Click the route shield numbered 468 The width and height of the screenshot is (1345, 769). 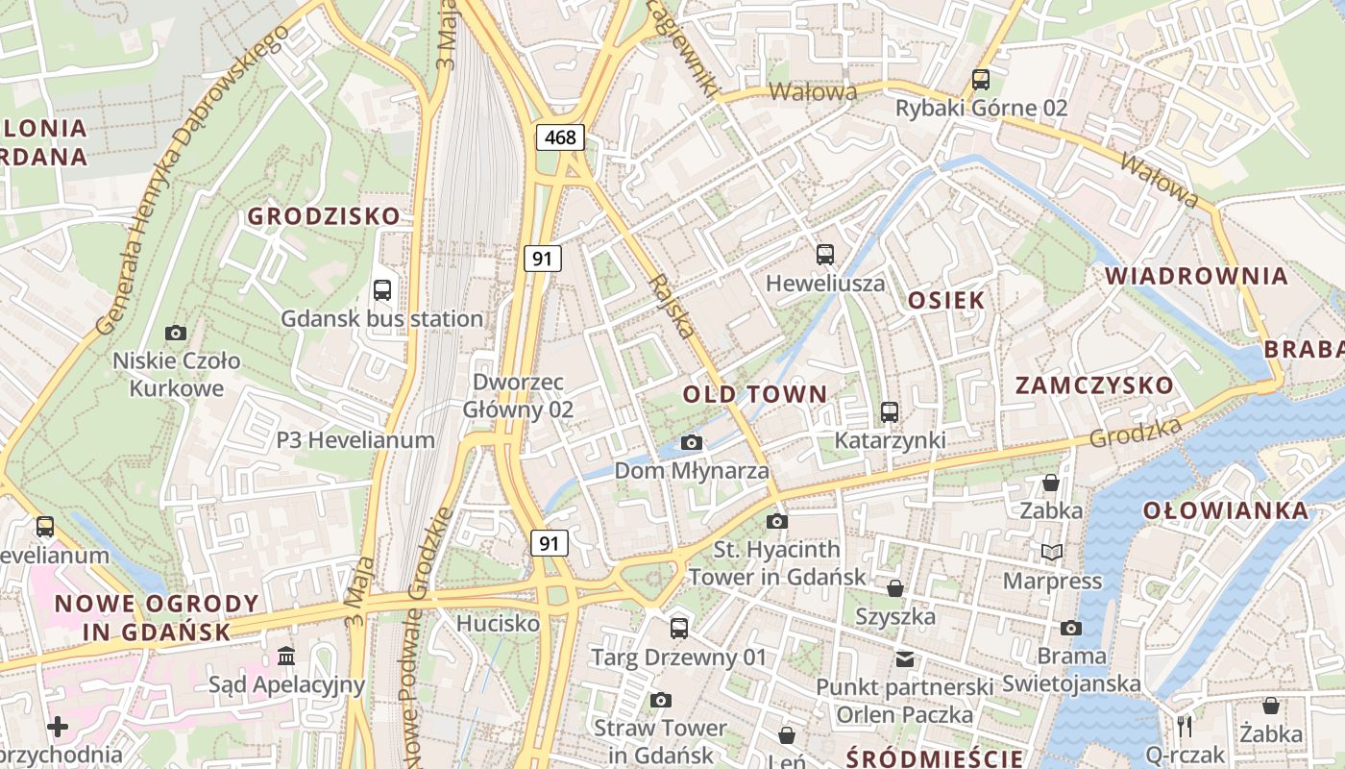(560, 137)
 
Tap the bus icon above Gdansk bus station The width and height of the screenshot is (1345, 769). (382, 289)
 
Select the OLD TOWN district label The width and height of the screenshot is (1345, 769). (755, 393)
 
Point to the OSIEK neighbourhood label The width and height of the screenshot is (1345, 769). (947, 300)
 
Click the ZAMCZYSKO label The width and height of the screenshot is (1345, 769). (1095, 385)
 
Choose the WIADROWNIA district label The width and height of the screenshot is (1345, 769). (1196, 276)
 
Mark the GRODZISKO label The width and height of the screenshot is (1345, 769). (324, 215)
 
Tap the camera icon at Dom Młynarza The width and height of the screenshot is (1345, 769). (691, 442)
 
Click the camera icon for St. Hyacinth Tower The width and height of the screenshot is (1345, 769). (777, 521)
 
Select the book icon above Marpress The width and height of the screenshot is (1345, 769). (1052, 552)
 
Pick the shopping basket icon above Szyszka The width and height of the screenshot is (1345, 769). (895, 587)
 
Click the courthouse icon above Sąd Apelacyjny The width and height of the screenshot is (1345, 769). (286, 656)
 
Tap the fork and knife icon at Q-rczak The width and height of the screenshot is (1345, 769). (1186, 726)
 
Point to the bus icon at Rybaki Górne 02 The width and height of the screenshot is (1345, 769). (981, 79)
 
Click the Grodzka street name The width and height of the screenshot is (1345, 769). (1136, 434)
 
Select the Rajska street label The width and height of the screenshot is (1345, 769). (672, 307)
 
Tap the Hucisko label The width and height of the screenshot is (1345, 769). (498, 623)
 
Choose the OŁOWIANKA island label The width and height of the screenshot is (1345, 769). (1226, 510)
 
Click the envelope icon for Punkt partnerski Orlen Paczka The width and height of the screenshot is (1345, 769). (905, 658)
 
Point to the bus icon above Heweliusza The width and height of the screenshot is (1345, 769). (825, 254)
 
